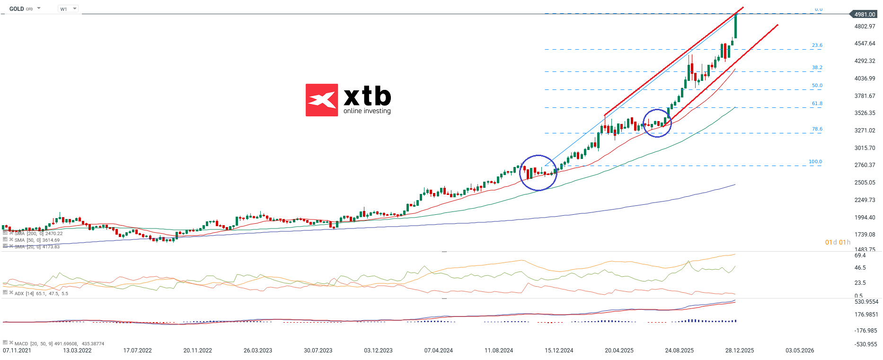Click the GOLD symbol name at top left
pyautogui.click(x=17, y=9)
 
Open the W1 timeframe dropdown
pyautogui.click(x=68, y=9)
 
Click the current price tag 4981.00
pyautogui.click(x=865, y=14)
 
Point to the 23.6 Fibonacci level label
pyautogui.click(x=817, y=45)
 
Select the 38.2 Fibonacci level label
pyautogui.click(x=817, y=68)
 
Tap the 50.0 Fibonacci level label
pyautogui.click(x=817, y=86)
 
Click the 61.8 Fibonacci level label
pyautogui.click(x=817, y=104)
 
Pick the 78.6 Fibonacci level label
pyautogui.click(x=817, y=129)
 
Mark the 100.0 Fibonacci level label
pyautogui.click(x=815, y=162)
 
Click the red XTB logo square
pyautogui.click(x=322, y=100)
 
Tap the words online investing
pyautogui.click(x=367, y=111)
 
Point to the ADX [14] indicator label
pyautogui.click(x=24, y=294)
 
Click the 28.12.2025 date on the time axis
pyautogui.click(x=740, y=351)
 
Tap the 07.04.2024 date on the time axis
pyautogui.click(x=439, y=351)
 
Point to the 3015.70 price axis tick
pyautogui.click(x=865, y=148)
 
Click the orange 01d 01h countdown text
pyautogui.click(x=838, y=242)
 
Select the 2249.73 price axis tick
pyautogui.click(x=865, y=200)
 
